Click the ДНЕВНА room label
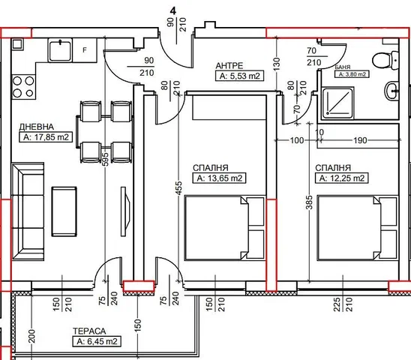(37, 127)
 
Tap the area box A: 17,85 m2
(46, 137)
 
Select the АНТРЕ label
(229, 66)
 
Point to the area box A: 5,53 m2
(239, 76)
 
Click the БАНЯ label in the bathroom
(343, 67)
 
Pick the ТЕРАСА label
(89, 331)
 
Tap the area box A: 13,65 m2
(220, 178)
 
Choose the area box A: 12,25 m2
(342, 178)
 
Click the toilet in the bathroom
(385, 61)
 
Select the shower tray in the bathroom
(337, 103)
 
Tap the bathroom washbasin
(391, 91)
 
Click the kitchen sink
(60, 50)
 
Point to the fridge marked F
(85, 50)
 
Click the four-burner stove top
(23, 87)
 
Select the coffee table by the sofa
(64, 211)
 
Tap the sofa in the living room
(28, 211)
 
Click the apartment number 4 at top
(173, 11)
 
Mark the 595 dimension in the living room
(105, 159)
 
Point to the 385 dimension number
(309, 202)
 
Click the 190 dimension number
(360, 140)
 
